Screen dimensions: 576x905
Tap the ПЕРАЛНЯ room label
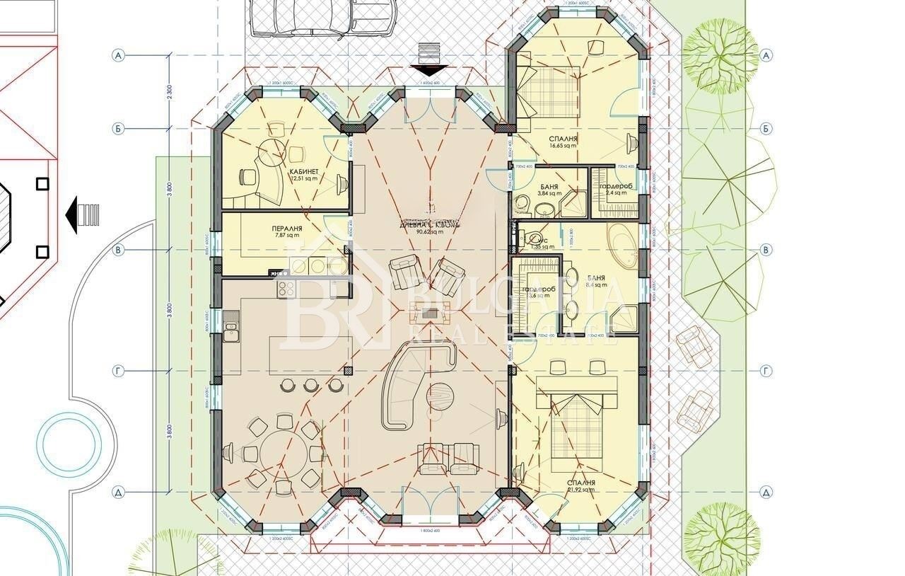point(287,229)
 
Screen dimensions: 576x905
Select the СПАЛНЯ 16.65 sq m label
point(563,139)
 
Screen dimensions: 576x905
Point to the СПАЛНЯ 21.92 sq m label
point(580,483)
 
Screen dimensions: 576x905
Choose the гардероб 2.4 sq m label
point(613,187)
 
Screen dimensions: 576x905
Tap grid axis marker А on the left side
point(118,55)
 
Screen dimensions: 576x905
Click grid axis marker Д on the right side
point(765,492)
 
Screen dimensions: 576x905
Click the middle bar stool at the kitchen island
point(310,386)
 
